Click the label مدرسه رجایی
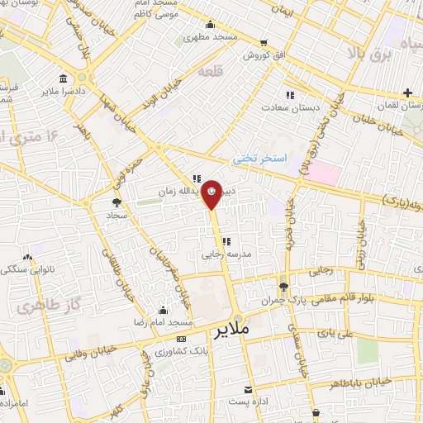(x=221, y=254)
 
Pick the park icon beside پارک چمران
(x=283, y=287)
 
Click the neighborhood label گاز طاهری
(x=37, y=306)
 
